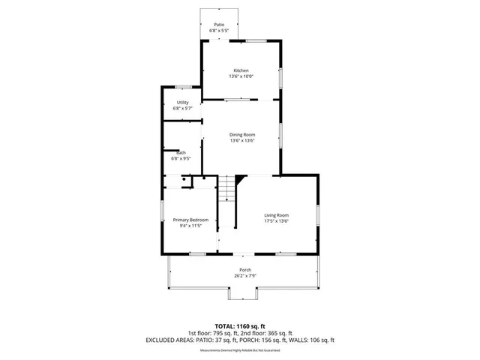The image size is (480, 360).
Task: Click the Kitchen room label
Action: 241,70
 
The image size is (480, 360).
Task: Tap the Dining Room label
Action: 242,134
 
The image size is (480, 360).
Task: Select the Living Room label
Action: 276,215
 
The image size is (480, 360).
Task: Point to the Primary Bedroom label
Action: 190,219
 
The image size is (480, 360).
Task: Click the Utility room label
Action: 182,102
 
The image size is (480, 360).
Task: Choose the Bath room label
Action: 181,153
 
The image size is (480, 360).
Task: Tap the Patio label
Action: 219,25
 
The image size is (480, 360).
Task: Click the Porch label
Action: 244,270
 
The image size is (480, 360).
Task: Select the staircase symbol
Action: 227,190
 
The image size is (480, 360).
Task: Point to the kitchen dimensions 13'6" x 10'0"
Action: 241,76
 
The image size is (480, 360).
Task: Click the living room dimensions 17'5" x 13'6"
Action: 276,221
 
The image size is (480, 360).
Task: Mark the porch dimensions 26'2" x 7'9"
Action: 244,276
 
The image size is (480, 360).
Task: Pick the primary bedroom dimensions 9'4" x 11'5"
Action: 190,225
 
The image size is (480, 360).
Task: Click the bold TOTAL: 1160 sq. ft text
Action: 240,326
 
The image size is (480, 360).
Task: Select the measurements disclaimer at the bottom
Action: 240,350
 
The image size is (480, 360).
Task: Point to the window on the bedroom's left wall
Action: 163,210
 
